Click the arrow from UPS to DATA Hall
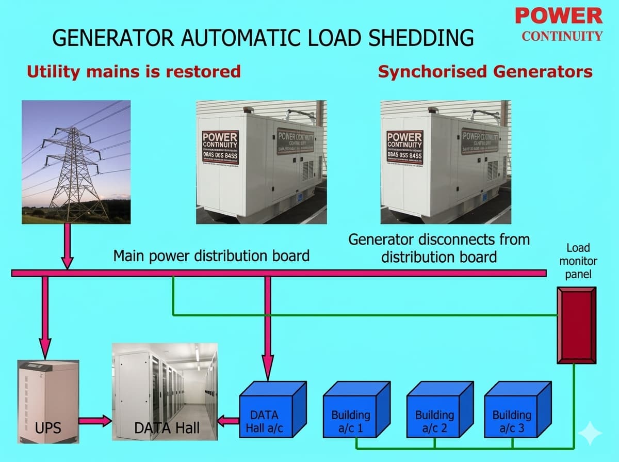coord(95,421)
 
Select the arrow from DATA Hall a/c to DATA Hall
coord(227,421)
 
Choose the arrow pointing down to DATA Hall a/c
coord(268,325)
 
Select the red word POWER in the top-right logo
coord(559,15)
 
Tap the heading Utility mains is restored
coord(134,71)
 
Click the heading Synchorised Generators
coord(485,71)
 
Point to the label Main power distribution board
coord(211,255)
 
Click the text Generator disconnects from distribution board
coord(438,248)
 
